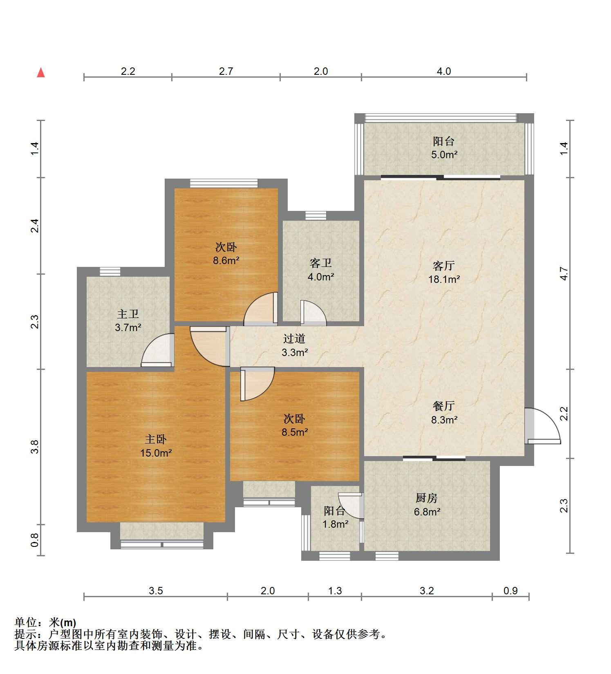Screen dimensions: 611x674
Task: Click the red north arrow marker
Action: tap(41, 73)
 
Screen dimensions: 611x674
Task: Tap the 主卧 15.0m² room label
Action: tap(156, 446)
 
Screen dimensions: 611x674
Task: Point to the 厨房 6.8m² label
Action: tap(427, 505)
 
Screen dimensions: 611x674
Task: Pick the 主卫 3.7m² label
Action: tap(128, 321)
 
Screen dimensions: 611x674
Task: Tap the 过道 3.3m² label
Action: tap(294, 345)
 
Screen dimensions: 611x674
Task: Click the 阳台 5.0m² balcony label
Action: tap(444, 148)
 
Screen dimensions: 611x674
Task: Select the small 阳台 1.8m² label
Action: tap(335, 517)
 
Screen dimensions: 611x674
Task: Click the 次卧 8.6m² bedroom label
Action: tap(226, 253)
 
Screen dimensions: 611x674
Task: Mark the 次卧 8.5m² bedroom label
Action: tap(294, 425)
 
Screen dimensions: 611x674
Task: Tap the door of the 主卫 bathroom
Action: tap(157, 349)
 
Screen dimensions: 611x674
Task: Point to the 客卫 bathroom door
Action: tap(314, 313)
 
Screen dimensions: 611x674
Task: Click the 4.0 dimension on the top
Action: tap(444, 72)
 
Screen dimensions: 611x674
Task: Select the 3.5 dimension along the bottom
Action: tap(156, 591)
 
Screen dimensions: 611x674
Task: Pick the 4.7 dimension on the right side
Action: tap(564, 273)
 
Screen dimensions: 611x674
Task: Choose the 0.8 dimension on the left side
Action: tap(35, 540)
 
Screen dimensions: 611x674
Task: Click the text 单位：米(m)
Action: tap(45, 622)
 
